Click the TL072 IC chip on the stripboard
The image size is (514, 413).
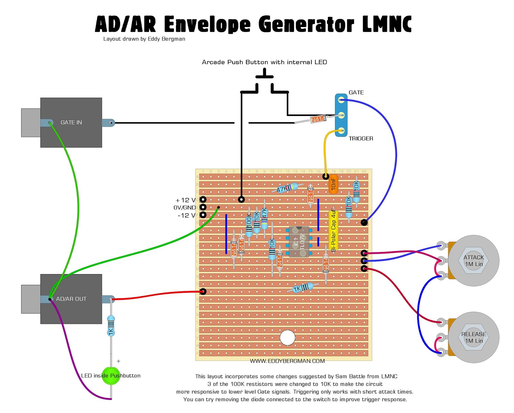[x=299, y=242]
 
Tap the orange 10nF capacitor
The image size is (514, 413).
[x=333, y=184]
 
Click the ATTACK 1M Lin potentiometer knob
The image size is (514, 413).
[x=474, y=260]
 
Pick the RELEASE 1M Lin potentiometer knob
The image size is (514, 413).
[x=474, y=337]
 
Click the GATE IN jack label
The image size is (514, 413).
[x=71, y=122]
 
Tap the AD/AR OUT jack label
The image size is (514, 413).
[x=71, y=299]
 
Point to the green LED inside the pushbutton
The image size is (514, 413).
[x=111, y=376]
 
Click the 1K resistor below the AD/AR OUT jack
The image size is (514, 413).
[x=111, y=326]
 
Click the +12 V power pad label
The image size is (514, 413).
[x=185, y=200]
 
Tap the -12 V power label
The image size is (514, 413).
[x=186, y=215]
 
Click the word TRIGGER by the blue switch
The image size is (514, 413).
[x=361, y=138]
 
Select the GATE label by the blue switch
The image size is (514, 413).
[x=356, y=92]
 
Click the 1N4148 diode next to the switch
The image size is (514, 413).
[x=318, y=119]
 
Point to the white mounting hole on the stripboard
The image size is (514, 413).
[x=287, y=338]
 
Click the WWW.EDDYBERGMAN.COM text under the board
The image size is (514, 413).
[x=287, y=361]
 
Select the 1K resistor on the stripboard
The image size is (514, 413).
[x=302, y=287]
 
